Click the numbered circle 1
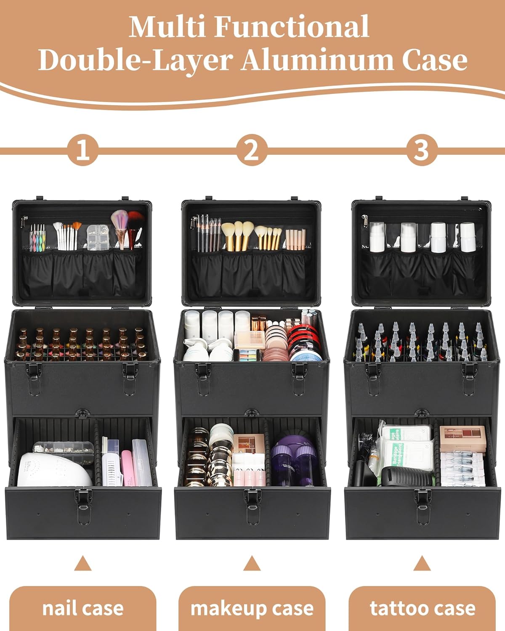(83, 149)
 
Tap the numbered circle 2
(252, 149)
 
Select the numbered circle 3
(421, 149)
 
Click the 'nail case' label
(82, 608)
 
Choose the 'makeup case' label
(252, 608)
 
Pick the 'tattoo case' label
(422, 608)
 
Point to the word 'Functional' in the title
(292, 27)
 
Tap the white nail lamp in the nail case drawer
(54, 469)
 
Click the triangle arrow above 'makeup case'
(252, 563)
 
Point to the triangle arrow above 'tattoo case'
(422, 563)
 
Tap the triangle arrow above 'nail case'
(83, 563)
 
